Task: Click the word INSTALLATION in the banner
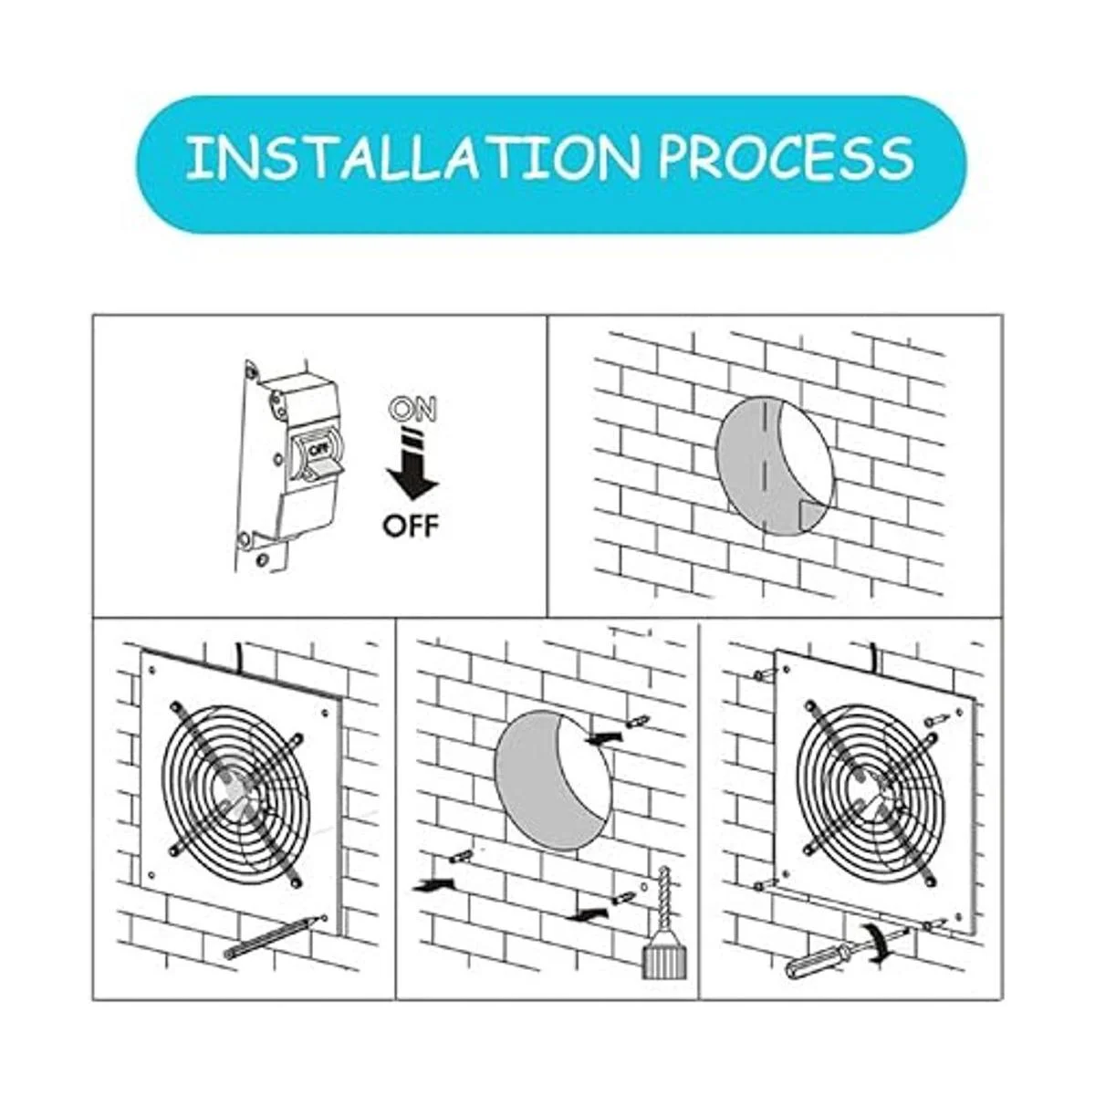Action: pos(411,159)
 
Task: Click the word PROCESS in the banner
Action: pos(786,158)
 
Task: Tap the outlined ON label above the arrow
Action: pos(413,409)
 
